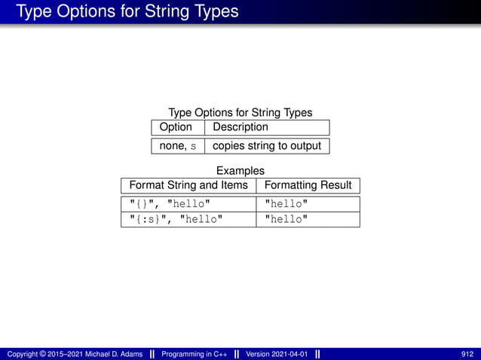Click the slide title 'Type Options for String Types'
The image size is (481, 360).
(127, 11)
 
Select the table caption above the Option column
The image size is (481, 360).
(240, 112)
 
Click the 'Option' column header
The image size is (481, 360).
(176, 127)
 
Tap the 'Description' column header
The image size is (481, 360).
(240, 127)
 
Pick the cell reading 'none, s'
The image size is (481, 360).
(177, 146)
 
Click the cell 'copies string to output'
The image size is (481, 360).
(267, 146)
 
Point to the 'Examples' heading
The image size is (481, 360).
(240, 171)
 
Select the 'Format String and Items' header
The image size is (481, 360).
(188, 185)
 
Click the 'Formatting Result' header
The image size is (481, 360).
(308, 185)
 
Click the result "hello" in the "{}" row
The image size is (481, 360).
(286, 204)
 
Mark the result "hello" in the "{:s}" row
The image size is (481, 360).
(286, 219)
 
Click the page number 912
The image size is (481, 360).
(467, 354)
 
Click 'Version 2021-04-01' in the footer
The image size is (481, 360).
(277, 354)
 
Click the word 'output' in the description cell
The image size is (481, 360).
(304, 146)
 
